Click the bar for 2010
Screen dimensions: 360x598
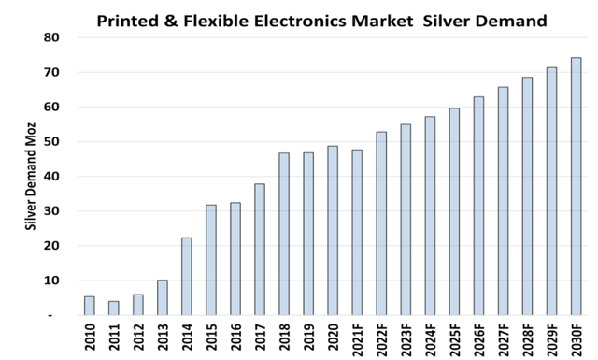tap(89, 306)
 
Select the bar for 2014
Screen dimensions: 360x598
tap(186, 277)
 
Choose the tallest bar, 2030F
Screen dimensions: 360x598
tap(576, 186)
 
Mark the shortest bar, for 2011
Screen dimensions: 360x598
tap(113, 308)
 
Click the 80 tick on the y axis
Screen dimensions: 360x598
tap(51, 37)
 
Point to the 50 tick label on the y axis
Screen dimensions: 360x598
tap(51, 142)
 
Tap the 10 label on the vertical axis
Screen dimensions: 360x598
tap(51, 281)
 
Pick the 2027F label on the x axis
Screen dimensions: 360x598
tap(503, 339)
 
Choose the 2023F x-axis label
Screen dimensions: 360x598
tap(406, 339)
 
